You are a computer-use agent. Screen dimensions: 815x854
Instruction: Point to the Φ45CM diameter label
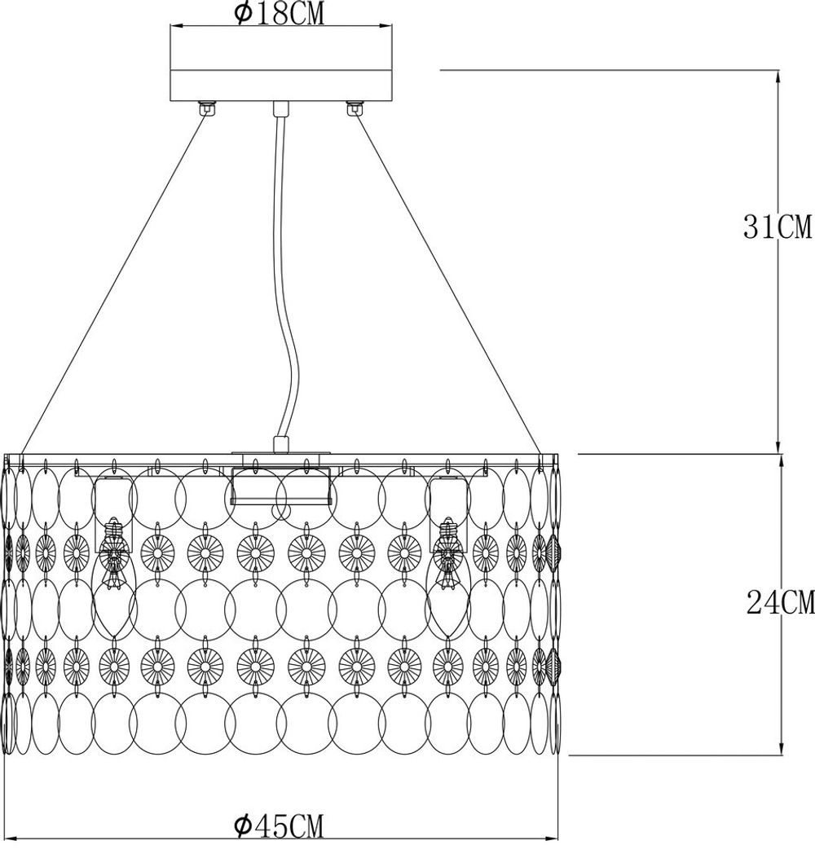point(279,827)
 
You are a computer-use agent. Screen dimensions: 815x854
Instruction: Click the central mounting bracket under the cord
point(280,486)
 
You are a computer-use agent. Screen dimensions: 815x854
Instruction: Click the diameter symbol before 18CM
point(242,15)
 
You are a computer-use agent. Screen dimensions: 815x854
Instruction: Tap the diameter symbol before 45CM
point(242,827)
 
